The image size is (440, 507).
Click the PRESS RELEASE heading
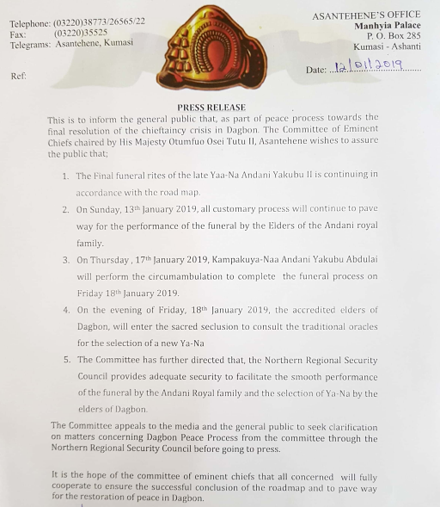tap(220, 108)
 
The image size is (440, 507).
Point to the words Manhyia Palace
tap(388, 25)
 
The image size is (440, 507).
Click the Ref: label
tap(19, 76)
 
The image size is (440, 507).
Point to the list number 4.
tap(66, 310)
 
